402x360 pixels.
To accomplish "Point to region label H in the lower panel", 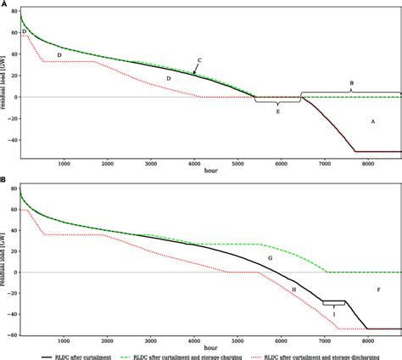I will pyautogui.click(x=293, y=290).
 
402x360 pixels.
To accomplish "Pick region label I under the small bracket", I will pyautogui.click(x=333, y=311).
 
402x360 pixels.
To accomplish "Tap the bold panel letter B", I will pyautogui.click(x=5, y=180).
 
